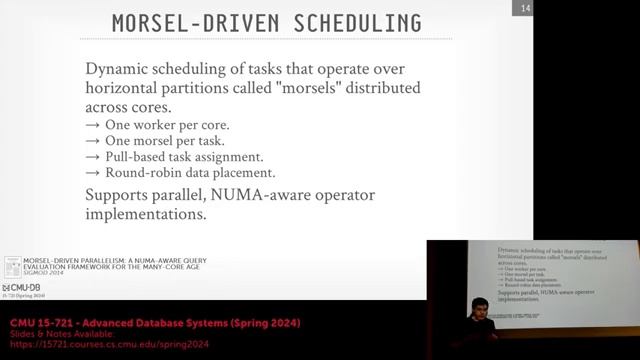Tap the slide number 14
(524, 9)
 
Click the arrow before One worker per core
(93, 125)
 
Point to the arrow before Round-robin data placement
(93, 172)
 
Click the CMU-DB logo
(21, 288)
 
